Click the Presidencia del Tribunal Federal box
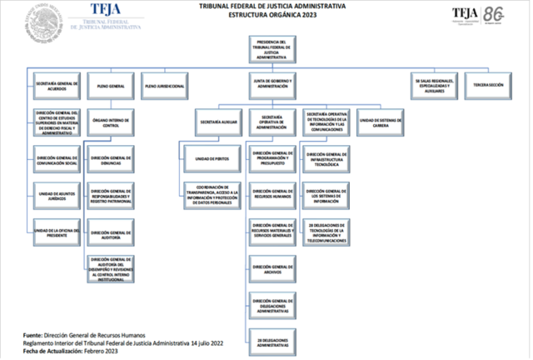point(272,49)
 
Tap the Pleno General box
point(111,85)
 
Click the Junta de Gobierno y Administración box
point(272,85)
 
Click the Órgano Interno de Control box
point(111,122)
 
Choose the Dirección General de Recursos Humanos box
point(272,193)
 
